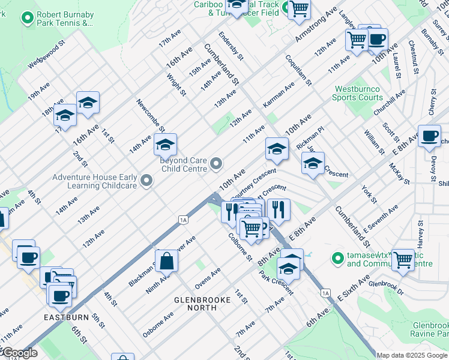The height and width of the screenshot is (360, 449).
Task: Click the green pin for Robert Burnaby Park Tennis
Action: (26, 18)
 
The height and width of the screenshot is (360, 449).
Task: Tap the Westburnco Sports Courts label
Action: (358, 93)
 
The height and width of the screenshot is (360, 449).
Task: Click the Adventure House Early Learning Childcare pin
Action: (146, 181)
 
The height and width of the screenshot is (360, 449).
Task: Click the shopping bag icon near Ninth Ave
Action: (167, 262)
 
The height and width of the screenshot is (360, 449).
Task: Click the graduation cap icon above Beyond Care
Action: (165, 145)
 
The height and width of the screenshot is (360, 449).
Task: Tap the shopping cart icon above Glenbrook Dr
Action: (402, 260)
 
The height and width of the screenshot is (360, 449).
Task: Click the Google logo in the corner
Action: (19, 353)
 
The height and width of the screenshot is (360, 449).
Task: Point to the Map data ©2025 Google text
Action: (412, 355)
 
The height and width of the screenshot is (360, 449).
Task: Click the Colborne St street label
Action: (240, 247)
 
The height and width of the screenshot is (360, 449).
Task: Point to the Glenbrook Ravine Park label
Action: (429, 329)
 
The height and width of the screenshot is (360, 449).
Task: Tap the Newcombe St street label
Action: (151, 115)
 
